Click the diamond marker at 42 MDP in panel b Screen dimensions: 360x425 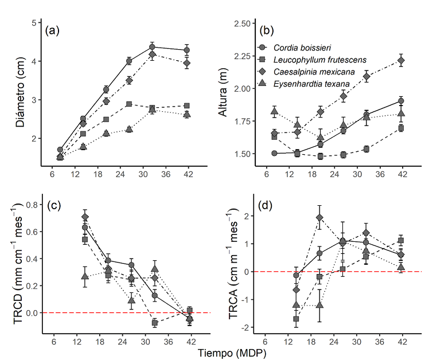click(x=401, y=60)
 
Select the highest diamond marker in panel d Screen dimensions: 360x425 click(x=319, y=218)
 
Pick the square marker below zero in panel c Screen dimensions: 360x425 click(x=154, y=323)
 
